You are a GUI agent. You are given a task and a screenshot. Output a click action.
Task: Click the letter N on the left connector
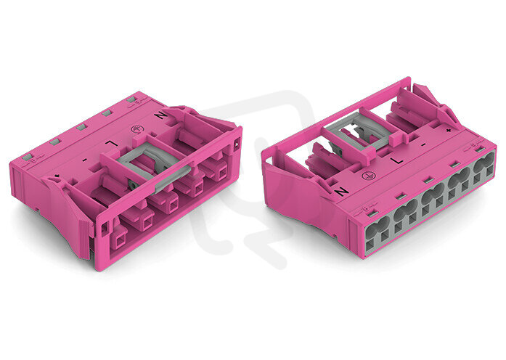[160, 115]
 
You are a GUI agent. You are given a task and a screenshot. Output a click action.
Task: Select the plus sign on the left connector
[57, 176]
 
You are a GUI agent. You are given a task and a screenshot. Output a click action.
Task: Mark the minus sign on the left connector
[84, 160]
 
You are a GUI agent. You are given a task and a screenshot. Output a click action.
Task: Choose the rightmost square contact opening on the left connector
[223, 174]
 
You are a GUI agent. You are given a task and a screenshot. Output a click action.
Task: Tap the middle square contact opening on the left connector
[174, 205]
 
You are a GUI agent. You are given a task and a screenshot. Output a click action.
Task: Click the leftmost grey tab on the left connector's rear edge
[27, 157]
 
